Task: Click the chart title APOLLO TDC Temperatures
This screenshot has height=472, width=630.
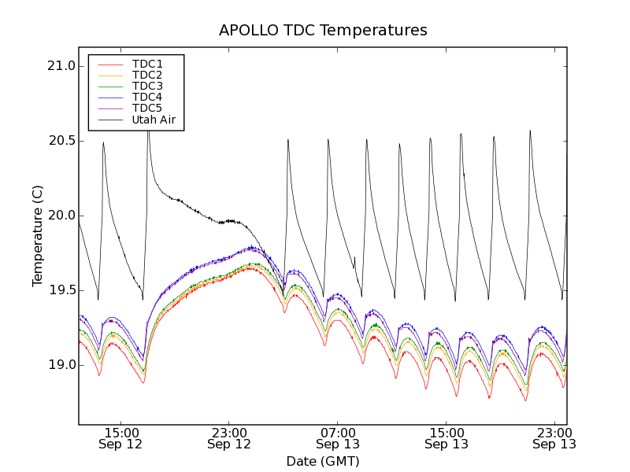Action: [x=323, y=31]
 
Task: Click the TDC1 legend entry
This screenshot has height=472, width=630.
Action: [x=147, y=64]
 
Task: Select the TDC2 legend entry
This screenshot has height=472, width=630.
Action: [x=147, y=75]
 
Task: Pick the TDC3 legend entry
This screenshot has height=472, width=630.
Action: [x=147, y=86]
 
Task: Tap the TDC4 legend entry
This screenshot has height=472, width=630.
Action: [x=147, y=97]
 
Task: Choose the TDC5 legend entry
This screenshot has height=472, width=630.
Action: [x=147, y=108]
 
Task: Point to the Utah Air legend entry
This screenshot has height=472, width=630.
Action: [x=154, y=120]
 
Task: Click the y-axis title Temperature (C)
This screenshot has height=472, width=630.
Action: [x=38, y=236]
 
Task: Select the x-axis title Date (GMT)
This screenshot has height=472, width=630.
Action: [x=323, y=461]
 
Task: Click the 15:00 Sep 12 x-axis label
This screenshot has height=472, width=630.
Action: [x=120, y=438]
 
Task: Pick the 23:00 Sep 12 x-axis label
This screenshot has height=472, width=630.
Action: [x=229, y=438]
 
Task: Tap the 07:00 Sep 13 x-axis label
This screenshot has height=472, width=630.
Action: [x=338, y=438]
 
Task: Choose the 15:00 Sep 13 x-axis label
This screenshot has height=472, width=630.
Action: [x=447, y=438]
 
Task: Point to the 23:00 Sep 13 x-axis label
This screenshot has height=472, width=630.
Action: [x=554, y=438]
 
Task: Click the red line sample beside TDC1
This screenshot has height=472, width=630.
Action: [x=110, y=64]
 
